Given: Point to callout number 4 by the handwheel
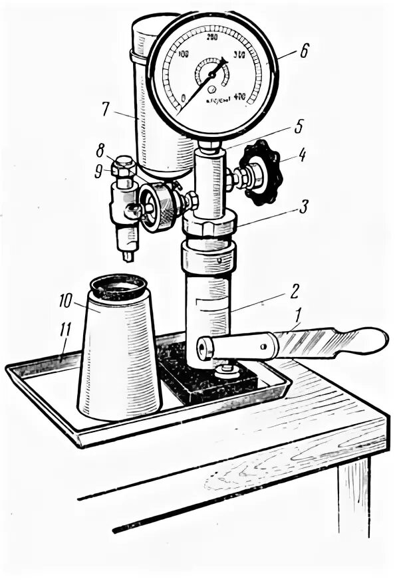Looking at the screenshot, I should tap(302, 158).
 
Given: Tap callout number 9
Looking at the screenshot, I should tap(98, 172).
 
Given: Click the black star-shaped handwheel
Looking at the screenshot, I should tap(261, 172).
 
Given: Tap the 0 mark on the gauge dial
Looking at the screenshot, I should tap(184, 98).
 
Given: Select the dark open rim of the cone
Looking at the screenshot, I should tap(118, 287).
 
